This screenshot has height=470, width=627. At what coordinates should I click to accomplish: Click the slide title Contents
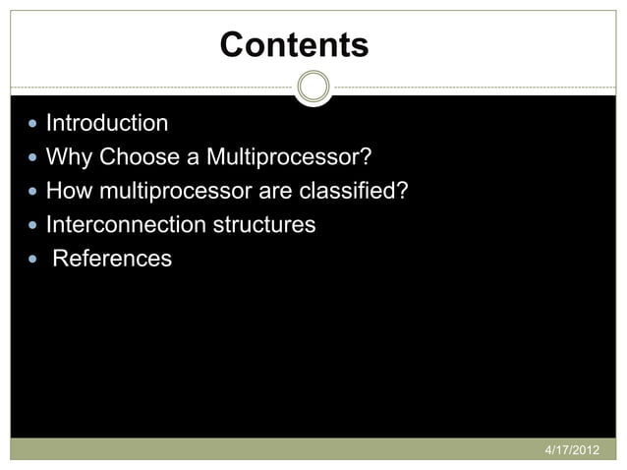[294, 45]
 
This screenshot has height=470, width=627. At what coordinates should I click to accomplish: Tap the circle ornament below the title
[313, 88]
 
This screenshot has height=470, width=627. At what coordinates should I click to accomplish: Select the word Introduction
[107, 124]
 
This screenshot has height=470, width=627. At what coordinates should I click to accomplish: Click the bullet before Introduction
[34, 125]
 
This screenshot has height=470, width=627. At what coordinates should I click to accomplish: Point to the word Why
[69, 157]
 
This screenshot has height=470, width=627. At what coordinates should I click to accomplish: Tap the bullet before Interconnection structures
[34, 225]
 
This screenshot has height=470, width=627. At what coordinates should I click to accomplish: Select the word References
[112, 259]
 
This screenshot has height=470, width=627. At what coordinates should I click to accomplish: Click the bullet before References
[34, 260]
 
